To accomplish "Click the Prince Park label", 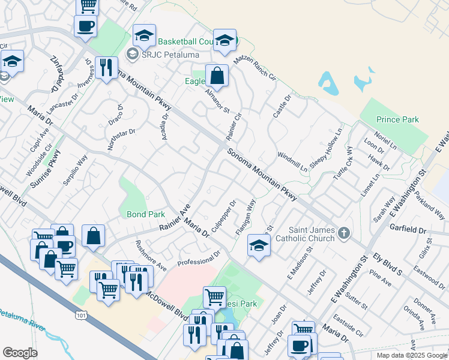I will click(397, 119).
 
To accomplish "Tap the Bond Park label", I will click(145, 214).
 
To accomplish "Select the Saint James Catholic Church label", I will click(304, 233).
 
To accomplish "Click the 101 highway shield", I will click(80, 314).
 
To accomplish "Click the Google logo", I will click(20, 353).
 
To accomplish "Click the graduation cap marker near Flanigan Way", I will click(259, 246).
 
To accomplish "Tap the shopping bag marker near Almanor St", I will click(217, 76).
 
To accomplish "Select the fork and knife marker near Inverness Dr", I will click(106, 67).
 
